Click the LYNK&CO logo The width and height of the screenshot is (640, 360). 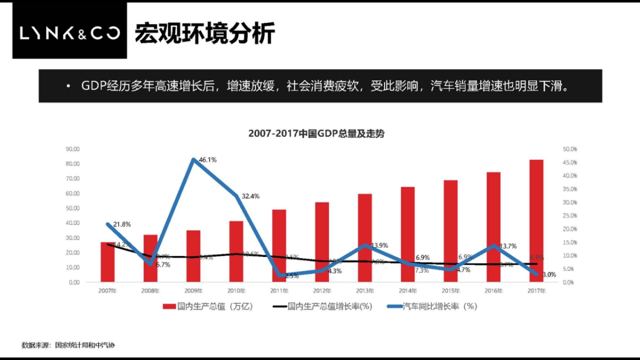(70, 33)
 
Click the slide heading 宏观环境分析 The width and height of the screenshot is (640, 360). (204, 33)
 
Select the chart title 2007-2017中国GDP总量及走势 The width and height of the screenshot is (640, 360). (316, 134)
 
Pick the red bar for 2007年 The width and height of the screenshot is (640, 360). (107, 262)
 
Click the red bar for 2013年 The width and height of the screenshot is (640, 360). (365, 237)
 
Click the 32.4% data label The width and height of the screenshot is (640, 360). (250, 196)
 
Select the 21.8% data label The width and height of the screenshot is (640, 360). (122, 225)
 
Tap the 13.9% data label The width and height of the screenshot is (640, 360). (379, 245)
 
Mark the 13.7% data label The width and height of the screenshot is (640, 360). (508, 246)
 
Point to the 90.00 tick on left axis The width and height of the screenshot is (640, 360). (73, 149)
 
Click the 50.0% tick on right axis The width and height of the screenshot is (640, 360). (570, 149)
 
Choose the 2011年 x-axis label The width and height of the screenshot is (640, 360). (279, 291)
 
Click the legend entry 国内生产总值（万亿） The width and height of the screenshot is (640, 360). (207, 306)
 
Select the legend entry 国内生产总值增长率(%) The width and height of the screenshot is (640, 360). (322, 306)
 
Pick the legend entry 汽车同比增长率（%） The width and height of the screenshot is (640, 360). (432, 306)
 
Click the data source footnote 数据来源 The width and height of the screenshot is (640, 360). (68, 345)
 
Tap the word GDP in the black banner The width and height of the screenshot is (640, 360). (94, 86)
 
